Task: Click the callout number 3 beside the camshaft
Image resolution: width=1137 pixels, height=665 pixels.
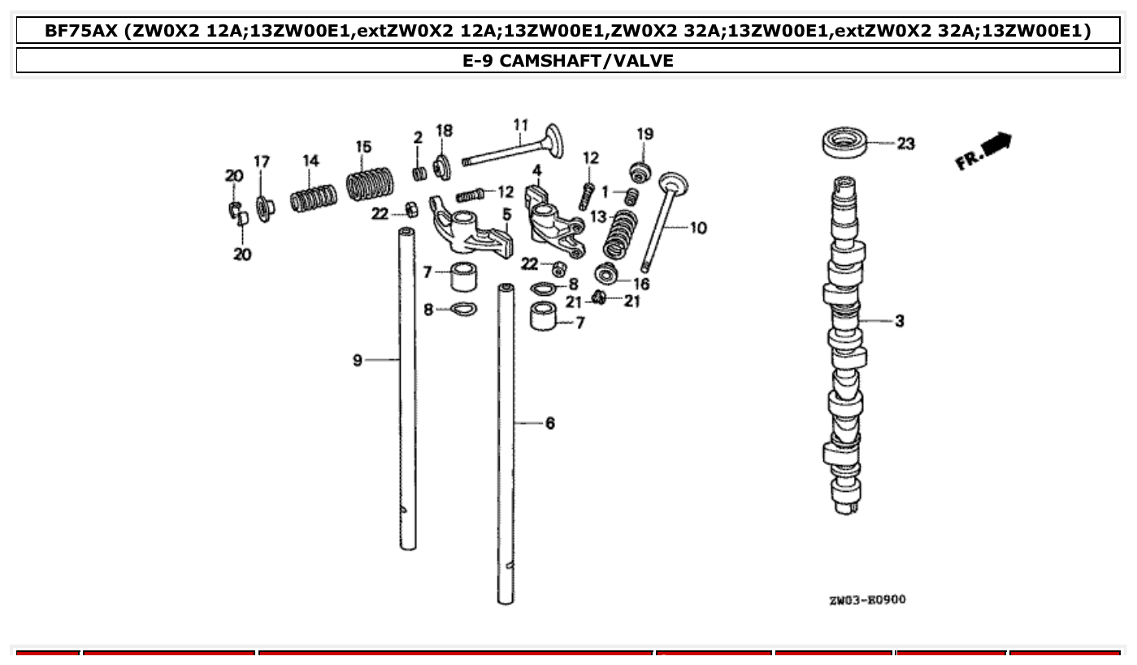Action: (900, 321)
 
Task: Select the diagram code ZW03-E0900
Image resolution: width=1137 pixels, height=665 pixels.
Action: (867, 600)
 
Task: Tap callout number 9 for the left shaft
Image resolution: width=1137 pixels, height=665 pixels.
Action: (358, 360)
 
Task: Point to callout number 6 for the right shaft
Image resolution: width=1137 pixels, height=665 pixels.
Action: (550, 423)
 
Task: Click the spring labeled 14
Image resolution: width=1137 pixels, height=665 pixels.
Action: (314, 198)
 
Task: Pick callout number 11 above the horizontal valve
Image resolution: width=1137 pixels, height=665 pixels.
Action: (521, 124)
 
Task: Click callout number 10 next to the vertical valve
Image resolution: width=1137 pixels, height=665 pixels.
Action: (699, 228)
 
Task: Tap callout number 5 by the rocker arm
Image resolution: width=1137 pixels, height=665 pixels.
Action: (506, 215)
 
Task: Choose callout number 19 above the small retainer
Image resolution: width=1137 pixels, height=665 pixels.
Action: (644, 134)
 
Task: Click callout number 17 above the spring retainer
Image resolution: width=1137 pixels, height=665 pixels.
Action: (261, 161)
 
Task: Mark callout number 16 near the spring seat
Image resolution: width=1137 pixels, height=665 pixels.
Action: (641, 284)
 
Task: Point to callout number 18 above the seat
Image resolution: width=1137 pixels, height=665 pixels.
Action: (445, 131)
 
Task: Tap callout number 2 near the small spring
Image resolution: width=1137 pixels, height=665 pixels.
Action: (418, 137)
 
